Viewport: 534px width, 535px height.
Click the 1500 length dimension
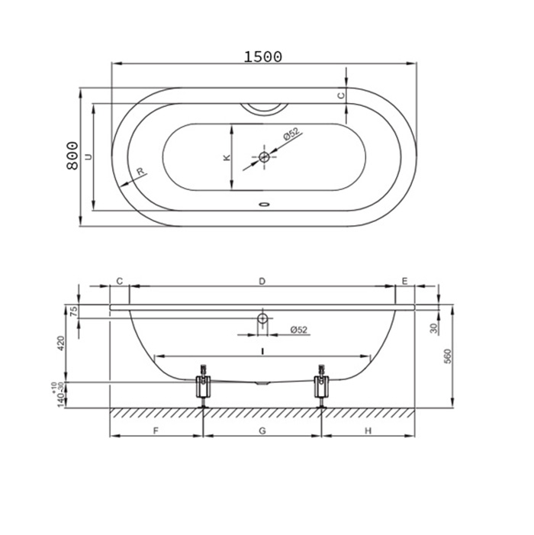coord(263,56)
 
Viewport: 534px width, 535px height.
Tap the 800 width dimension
coord(72,156)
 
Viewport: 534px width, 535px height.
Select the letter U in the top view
coord(88,156)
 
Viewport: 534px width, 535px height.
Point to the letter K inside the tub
coord(227,157)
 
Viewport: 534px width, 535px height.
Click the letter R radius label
coord(140,171)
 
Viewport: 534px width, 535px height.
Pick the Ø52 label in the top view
coord(291,134)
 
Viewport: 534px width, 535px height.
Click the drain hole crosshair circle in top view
coord(264,157)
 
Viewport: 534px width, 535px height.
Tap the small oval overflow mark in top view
coord(264,205)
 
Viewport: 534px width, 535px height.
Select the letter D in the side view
coord(262,281)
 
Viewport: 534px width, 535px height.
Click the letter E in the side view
coord(405,281)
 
